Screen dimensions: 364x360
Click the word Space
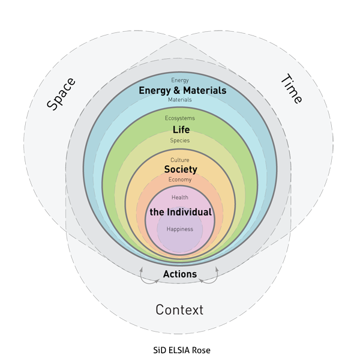pyautogui.click(x=61, y=94)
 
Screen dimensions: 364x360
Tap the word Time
pyautogui.click(x=292, y=89)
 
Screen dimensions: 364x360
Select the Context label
pyautogui.click(x=179, y=310)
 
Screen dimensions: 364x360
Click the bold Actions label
pyautogui.click(x=180, y=274)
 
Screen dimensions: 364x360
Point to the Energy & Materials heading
pyautogui.click(x=182, y=90)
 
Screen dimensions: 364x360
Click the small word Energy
pyautogui.click(x=180, y=80)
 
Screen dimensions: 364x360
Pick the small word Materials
pyautogui.click(x=180, y=100)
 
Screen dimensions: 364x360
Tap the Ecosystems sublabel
pyautogui.click(x=180, y=118)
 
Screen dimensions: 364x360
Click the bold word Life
pyautogui.click(x=181, y=130)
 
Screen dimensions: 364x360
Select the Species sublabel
pyautogui.click(x=180, y=141)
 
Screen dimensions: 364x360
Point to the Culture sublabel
pyautogui.click(x=180, y=160)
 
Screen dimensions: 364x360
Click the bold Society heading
pyautogui.click(x=181, y=169)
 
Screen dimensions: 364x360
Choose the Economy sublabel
pyautogui.click(x=180, y=180)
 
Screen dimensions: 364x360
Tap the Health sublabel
pyautogui.click(x=180, y=198)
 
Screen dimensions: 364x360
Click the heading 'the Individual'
pyautogui.click(x=181, y=212)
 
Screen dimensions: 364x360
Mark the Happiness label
pyautogui.click(x=180, y=229)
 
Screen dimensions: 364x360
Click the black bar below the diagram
pyautogui.click(x=182, y=350)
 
